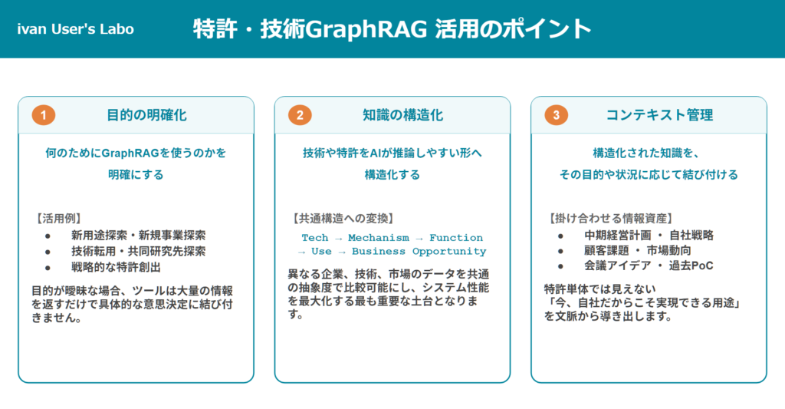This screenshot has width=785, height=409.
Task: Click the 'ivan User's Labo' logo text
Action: click(x=76, y=29)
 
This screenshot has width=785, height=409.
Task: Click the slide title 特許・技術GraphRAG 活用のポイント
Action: click(x=392, y=28)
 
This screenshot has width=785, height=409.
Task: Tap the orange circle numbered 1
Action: click(x=44, y=115)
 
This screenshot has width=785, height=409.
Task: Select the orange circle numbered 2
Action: click(x=300, y=115)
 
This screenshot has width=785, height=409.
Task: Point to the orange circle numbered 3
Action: click(x=557, y=115)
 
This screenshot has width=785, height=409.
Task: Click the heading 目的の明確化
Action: click(x=146, y=115)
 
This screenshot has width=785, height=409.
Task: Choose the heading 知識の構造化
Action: click(x=403, y=115)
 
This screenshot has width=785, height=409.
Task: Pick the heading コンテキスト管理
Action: click(x=659, y=115)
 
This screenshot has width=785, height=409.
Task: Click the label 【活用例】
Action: click(x=58, y=219)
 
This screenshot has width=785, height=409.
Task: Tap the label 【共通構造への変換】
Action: click(x=343, y=219)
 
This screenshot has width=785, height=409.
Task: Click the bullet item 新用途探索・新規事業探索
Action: click(x=138, y=235)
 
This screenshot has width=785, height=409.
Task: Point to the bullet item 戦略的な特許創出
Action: click(x=116, y=267)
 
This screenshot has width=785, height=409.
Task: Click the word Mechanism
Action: click(x=379, y=238)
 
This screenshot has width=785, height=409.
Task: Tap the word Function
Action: click(x=456, y=238)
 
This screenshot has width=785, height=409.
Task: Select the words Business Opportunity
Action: click(x=419, y=251)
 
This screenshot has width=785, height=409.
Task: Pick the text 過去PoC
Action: click(x=691, y=266)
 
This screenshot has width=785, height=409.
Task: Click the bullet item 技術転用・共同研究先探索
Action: click(x=138, y=251)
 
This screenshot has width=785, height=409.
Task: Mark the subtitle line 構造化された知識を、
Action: click(x=645, y=153)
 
